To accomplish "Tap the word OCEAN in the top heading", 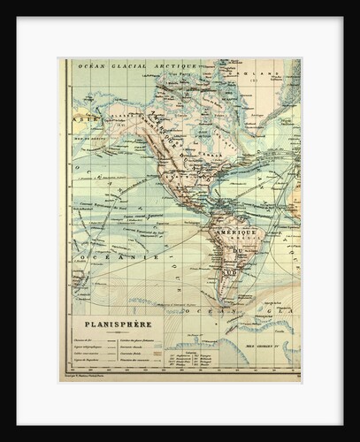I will coord(90,65).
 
